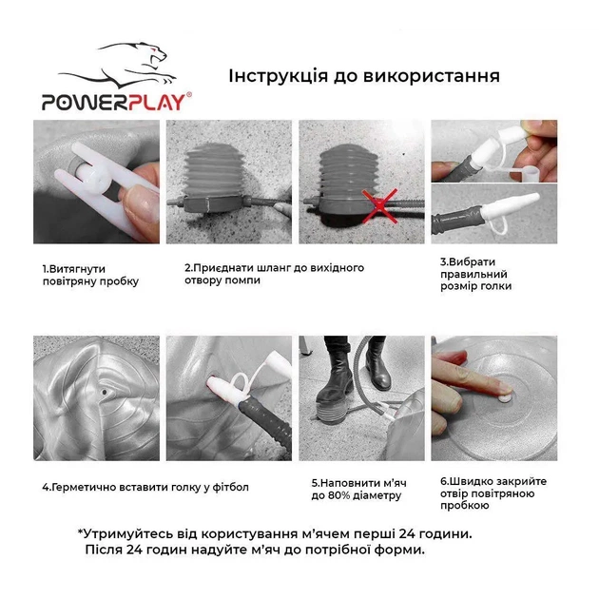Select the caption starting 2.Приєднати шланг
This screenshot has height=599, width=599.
pos(274,275)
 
